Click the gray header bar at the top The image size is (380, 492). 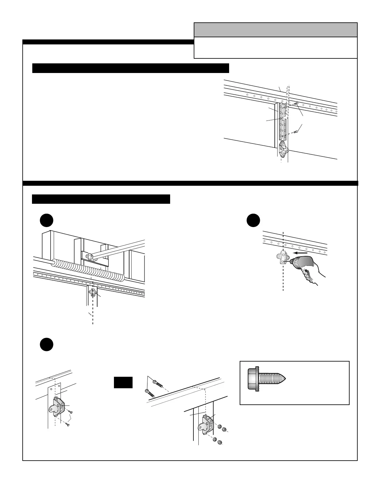pyautogui.click(x=275, y=30)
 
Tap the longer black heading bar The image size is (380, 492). pyautogui.click(x=130, y=68)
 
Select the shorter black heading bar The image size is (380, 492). pyautogui.click(x=101, y=199)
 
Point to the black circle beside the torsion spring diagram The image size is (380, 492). pyautogui.click(x=47, y=221)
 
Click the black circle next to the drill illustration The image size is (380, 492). pyautogui.click(x=253, y=221)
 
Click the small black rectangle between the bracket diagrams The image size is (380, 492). pyautogui.click(x=123, y=382)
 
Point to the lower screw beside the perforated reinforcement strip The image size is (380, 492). pyautogui.click(x=296, y=132)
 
